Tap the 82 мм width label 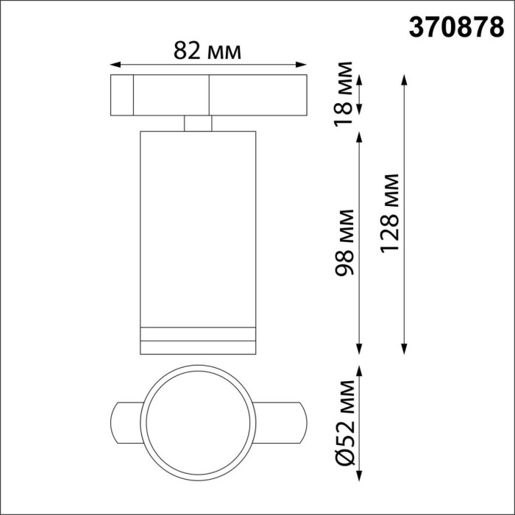[x=208, y=50]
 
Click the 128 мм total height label [x=390, y=214]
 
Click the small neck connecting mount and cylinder [x=197, y=124]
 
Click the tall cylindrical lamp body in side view [x=197, y=221]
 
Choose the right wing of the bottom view [x=280, y=422]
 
